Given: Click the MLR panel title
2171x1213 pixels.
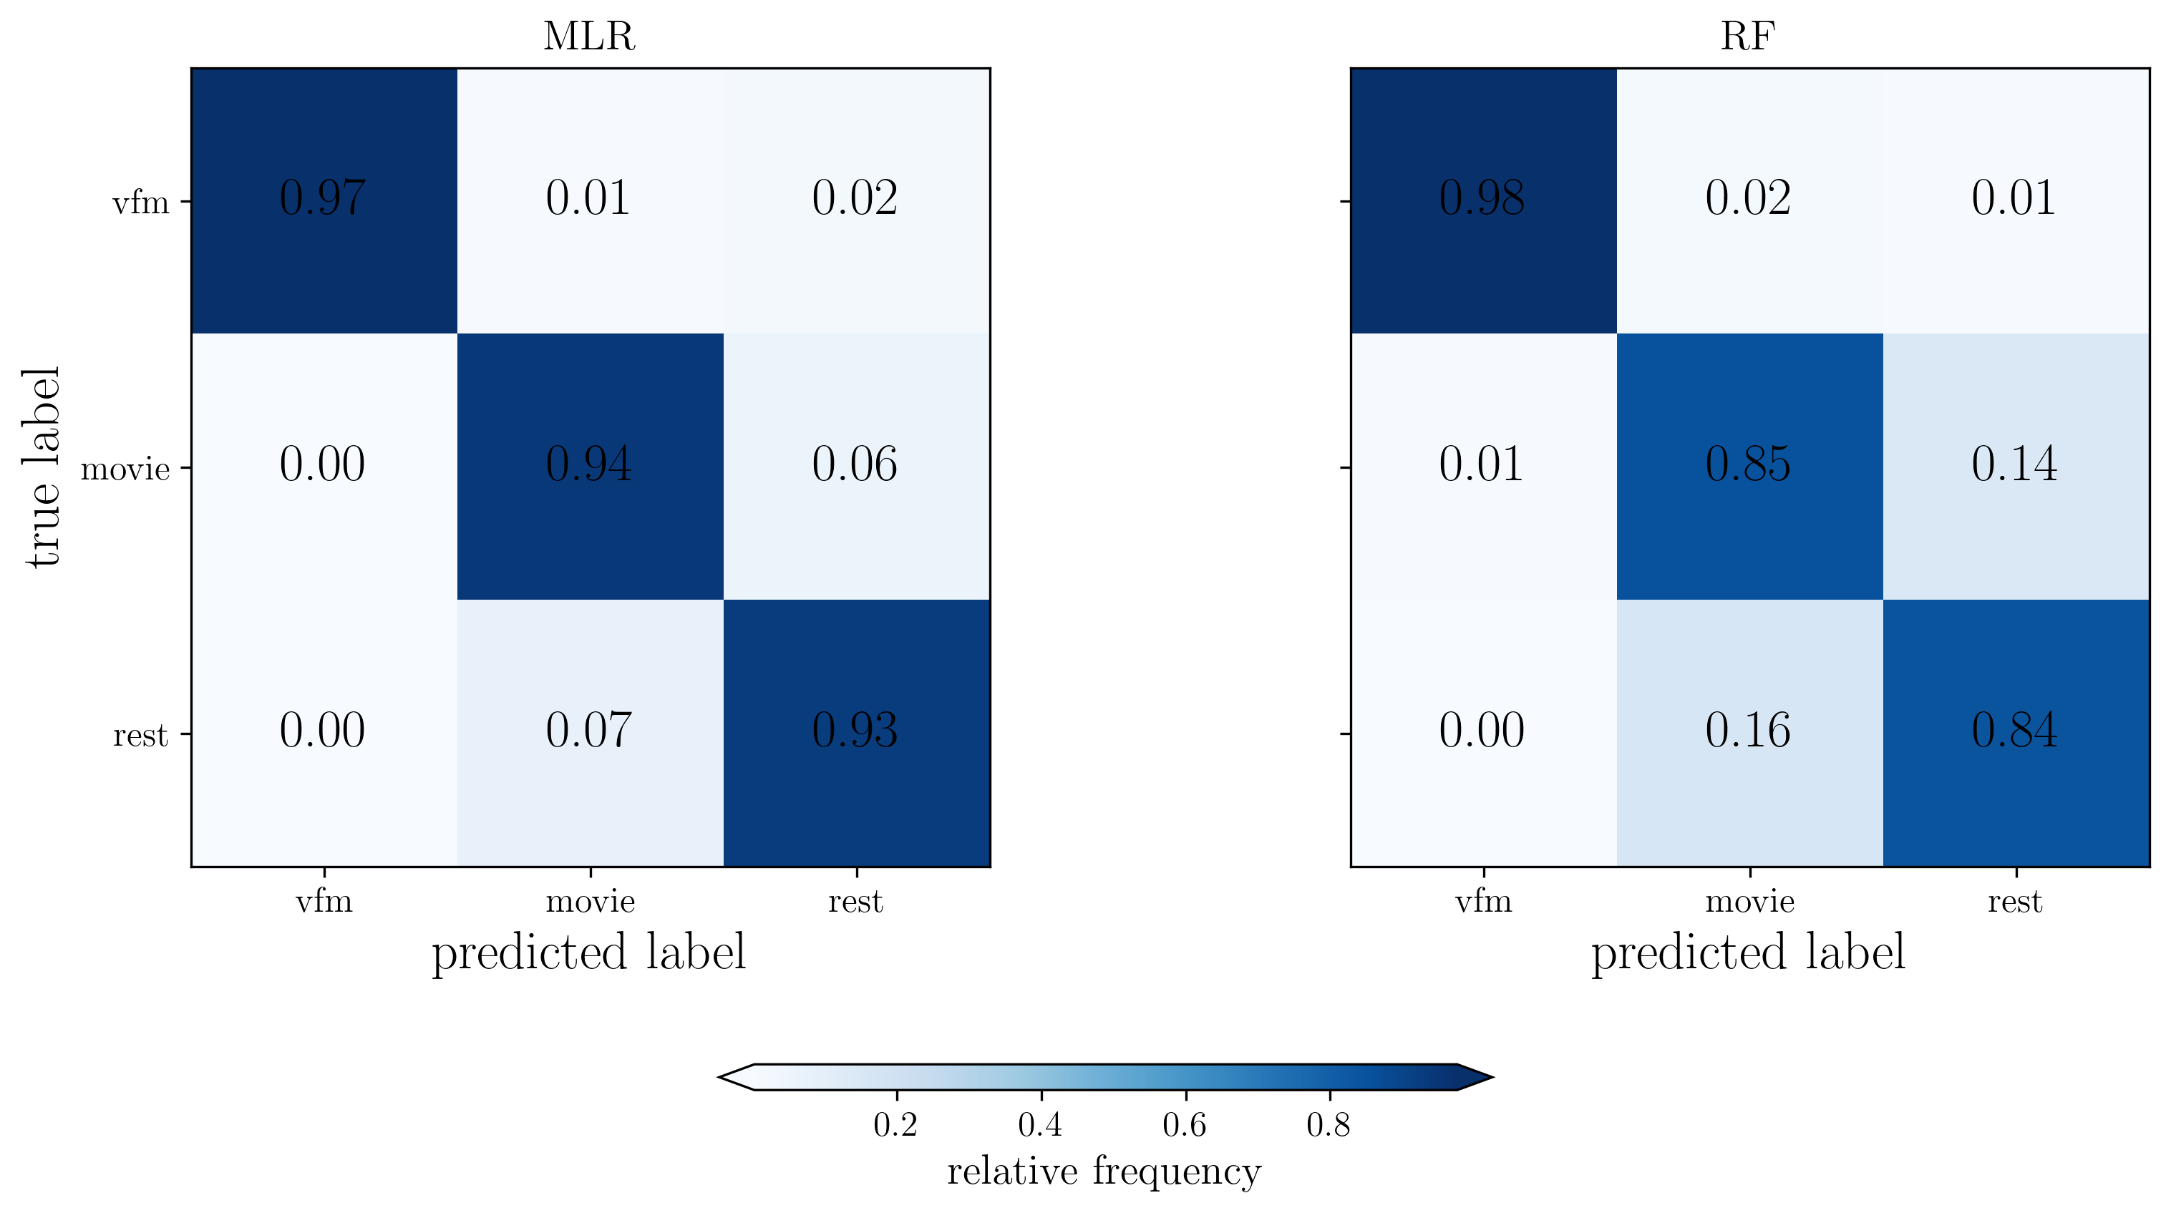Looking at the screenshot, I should coord(588,36).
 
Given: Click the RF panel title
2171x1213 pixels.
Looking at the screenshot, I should coord(1748,36).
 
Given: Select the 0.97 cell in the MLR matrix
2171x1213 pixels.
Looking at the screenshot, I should coord(323,199).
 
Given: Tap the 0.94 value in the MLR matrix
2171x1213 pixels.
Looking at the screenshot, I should coord(589,465).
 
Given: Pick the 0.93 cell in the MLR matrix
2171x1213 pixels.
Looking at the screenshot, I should coord(855,731).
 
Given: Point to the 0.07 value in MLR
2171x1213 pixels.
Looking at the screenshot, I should coord(589,731).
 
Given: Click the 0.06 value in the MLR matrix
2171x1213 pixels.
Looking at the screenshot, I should coord(855,465).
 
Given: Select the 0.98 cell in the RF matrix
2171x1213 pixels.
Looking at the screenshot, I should coord(1482,199).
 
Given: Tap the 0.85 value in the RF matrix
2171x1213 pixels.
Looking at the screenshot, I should coord(1749,465).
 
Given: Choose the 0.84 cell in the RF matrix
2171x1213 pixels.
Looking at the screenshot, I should coord(2015,731).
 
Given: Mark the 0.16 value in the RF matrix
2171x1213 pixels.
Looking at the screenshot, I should coord(1749,731).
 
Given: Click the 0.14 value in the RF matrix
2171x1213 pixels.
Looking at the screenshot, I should coord(2015,465).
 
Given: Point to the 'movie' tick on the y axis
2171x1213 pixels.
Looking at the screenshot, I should coord(125,468).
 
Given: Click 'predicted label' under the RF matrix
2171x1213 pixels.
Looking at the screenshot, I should coord(1748,953).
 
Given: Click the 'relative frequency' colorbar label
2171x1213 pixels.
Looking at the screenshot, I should coord(1104,1172).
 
